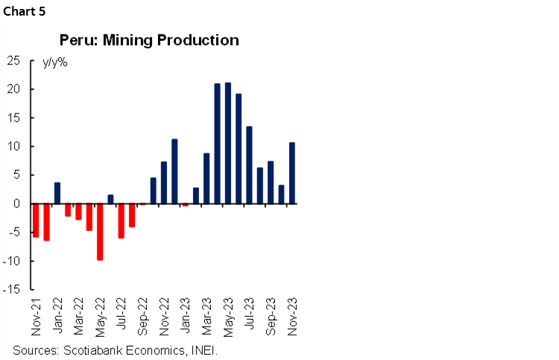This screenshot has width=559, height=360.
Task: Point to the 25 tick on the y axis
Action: point(13,61)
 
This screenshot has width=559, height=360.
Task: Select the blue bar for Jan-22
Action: point(57,193)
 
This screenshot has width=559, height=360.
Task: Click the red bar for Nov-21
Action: point(35,220)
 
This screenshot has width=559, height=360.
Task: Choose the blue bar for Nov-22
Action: point(164,183)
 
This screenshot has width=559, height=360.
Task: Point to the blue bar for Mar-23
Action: point(206,178)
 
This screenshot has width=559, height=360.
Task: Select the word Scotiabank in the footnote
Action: point(92,350)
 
